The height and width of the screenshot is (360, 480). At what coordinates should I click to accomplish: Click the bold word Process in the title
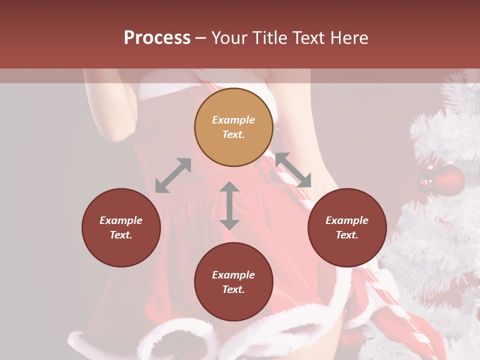point(157,37)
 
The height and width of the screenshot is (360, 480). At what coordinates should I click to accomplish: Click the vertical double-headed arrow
point(229,205)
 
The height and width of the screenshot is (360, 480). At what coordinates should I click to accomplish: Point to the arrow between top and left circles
point(173,175)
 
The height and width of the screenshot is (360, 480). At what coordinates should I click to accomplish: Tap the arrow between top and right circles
point(293,169)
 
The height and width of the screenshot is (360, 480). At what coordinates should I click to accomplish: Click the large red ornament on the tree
point(448,181)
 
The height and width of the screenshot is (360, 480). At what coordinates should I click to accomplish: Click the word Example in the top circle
point(233,120)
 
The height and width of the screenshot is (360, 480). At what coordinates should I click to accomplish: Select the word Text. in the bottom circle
point(233,289)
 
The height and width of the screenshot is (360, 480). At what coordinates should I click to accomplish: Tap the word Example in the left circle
point(121,220)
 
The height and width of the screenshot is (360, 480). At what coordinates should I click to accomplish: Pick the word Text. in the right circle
point(347,235)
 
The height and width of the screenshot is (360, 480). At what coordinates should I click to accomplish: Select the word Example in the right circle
point(347,220)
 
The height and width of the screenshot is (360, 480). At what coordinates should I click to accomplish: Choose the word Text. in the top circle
point(233,134)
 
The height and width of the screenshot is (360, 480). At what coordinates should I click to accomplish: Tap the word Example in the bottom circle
point(233,275)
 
